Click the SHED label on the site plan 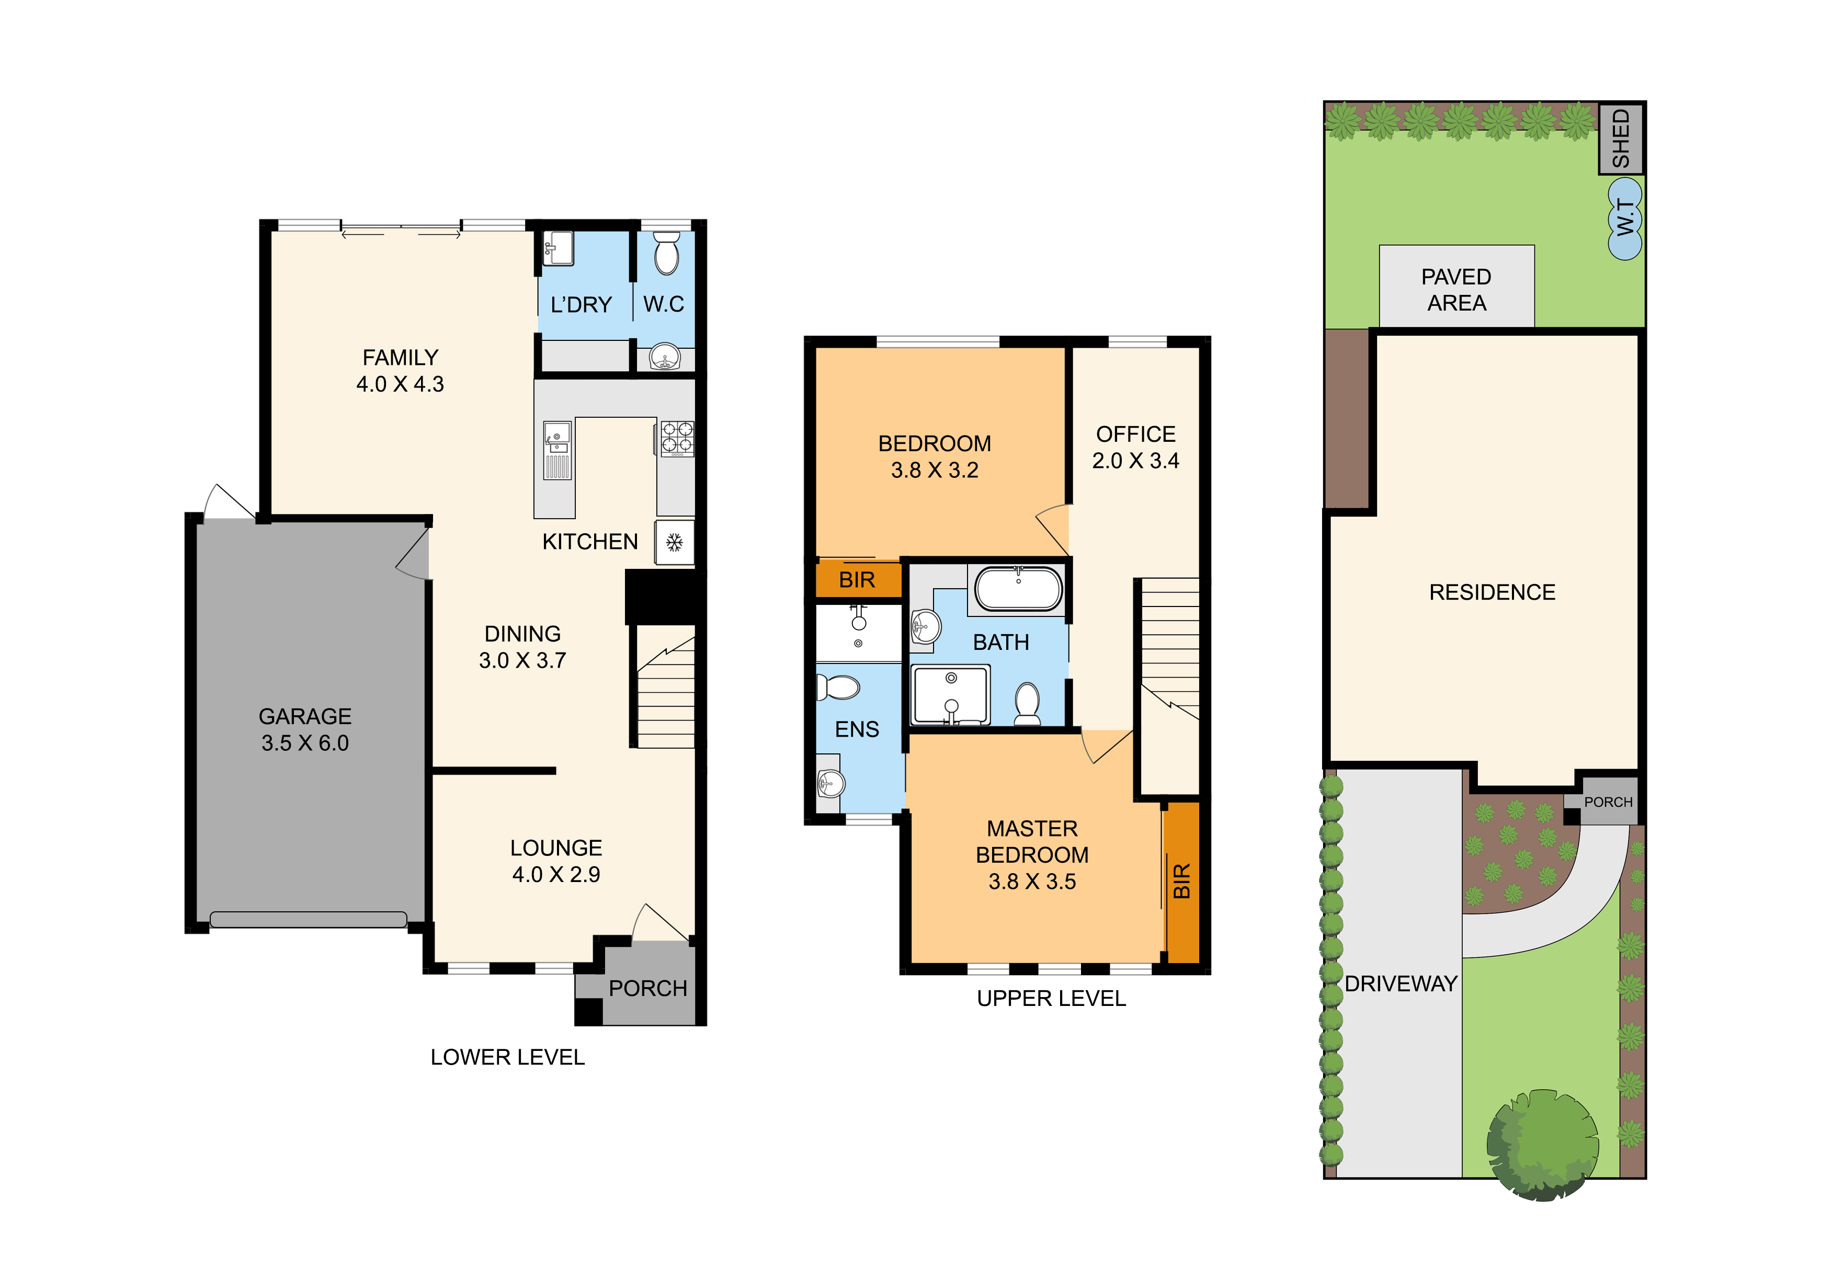[x=1621, y=139]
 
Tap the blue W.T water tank [x=1624, y=218]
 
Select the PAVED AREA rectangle [x=1456, y=285]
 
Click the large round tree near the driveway [x=1542, y=1145]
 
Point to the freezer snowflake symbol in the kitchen [x=674, y=543]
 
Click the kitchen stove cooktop [x=677, y=439]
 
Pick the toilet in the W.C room [x=666, y=253]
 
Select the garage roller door [x=308, y=919]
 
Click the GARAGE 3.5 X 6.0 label [x=305, y=729]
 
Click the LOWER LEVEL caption [x=507, y=1057]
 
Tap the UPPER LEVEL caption [x=1052, y=998]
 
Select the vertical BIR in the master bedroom [x=1182, y=881]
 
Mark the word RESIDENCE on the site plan [x=1492, y=592]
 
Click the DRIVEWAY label [x=1401, y=983]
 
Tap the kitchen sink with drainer [x=557, y=451]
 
